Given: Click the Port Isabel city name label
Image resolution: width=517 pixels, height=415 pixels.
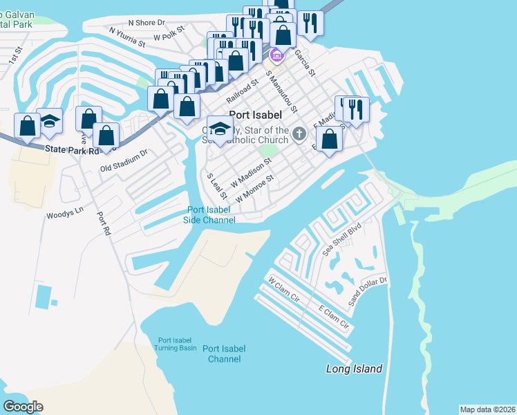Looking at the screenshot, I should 255,116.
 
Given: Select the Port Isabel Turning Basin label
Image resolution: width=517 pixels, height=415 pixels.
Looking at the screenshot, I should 177,344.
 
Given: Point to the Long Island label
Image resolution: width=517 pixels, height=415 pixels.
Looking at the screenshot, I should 354,369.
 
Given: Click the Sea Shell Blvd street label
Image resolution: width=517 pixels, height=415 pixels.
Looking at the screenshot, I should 342,240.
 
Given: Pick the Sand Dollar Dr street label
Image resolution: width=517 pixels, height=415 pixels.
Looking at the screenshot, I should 368,291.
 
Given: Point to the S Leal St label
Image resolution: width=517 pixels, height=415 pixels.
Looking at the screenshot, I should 217,186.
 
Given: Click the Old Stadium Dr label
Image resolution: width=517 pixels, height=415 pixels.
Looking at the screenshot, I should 124,160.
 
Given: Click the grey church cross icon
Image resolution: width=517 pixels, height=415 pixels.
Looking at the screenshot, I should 299,133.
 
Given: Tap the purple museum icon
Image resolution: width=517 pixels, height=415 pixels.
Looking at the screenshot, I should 276,55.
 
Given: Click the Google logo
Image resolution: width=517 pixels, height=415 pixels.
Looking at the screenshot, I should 23,407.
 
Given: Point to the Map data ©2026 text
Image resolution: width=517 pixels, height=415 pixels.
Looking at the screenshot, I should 487,409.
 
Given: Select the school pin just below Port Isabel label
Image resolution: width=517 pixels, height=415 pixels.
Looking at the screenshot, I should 220,129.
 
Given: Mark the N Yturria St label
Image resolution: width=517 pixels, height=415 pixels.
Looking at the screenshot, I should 127,37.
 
